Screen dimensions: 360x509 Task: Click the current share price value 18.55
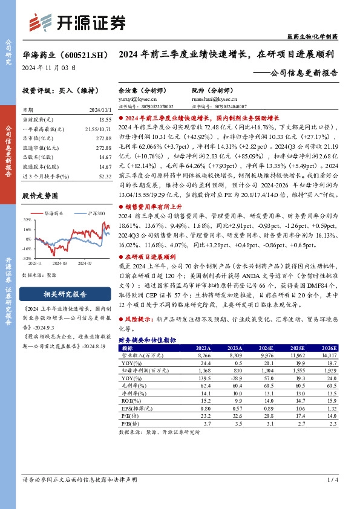(x=104, y=120)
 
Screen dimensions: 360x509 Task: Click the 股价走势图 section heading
(x=40, y=196)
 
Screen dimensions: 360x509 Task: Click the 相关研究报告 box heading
(x=57, y=296)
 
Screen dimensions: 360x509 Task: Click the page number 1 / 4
(x=332, y=497)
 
